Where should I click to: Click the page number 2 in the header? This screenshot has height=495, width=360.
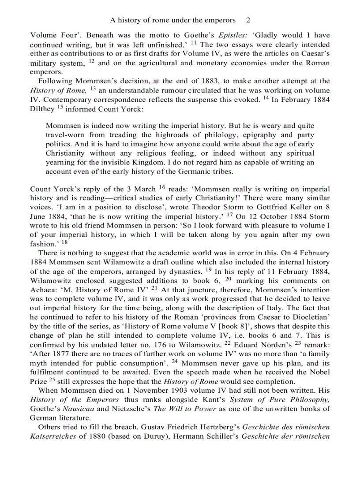pos(248,20)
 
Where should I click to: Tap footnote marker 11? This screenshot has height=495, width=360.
pos(194,43)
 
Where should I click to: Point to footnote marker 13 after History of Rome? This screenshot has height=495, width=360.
pos(93,89)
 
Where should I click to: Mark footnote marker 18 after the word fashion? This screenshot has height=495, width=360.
pos(65,242)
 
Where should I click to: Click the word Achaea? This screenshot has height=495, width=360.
pos(43,290)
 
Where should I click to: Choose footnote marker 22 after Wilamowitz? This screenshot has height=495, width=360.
pos(228,345)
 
